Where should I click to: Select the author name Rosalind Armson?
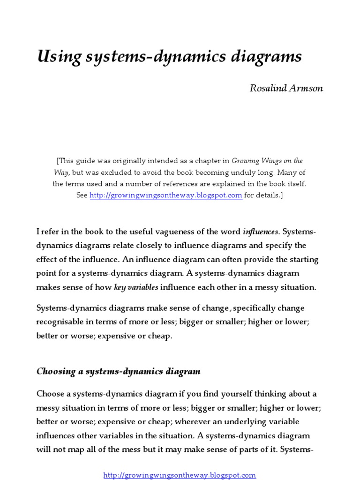tap(286, 89)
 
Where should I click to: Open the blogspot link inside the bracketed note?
tap(166, 195)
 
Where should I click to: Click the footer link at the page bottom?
tap(180, 475)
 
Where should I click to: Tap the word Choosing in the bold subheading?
tap(55, 371)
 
